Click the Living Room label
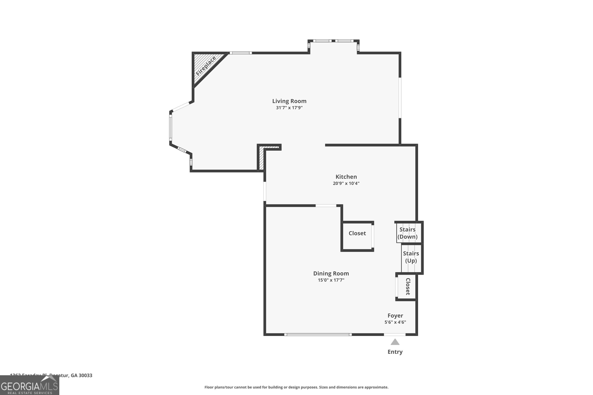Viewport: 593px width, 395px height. (289, 101)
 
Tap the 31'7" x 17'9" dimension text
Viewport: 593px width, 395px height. (289, 108)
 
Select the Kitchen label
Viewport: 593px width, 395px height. (346, 177)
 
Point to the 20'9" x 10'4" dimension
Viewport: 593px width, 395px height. (346, 183)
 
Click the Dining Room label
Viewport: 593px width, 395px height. (331, 273)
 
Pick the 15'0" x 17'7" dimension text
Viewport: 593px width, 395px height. (331, 280)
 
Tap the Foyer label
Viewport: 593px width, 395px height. (395, 316)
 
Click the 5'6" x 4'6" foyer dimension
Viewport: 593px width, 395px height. (395, 322)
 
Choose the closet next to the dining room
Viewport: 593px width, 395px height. (357, 233)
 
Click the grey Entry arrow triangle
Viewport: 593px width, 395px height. (395, 342)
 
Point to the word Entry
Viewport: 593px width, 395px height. (395, 352)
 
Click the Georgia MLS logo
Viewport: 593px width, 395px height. (29, 386)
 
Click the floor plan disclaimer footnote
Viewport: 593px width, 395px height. (296, 387)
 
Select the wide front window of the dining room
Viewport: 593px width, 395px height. (318, 335)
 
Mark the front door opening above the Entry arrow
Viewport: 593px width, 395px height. (395, 335)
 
